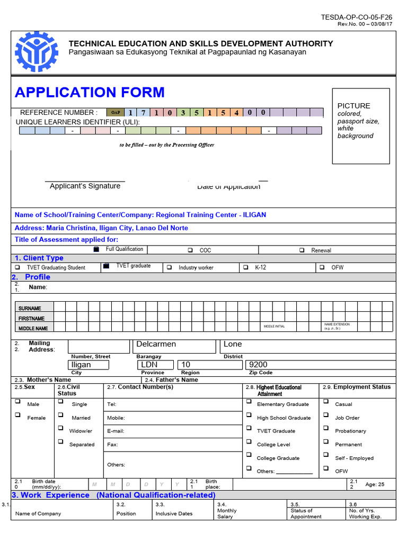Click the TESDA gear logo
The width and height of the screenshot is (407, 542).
click(x=37, y=52)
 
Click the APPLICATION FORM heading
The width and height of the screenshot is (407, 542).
click(x=90, y=92)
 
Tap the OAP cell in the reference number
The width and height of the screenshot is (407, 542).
click(x=114, y=112)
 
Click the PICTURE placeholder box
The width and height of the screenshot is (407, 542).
click(x=361, y=125)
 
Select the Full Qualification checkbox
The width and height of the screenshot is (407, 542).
click(x=96, y=249)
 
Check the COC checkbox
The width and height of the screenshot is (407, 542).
click(x=190, y=250)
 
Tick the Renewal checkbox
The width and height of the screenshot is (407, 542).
click(x=302, y=250)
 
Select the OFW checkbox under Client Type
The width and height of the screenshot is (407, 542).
click(x=322, y=267)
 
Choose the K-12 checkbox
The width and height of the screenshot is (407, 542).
click(x=245, y=267)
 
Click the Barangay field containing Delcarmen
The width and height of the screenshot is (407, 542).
click(x=174, y=346)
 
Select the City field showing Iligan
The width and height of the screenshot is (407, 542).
click(x=89, y=365)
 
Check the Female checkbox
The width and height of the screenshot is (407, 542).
click(x=18, y=415)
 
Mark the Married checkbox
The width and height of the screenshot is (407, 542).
click(x=61, y=415)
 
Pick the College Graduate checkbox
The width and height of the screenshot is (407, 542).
click(x=249, y=455)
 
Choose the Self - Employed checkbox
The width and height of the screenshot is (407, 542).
click(x=326, y=455)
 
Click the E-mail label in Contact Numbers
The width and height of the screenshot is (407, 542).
click(x=116, y=431)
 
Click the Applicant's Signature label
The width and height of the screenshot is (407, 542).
click(x=85, y=186)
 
